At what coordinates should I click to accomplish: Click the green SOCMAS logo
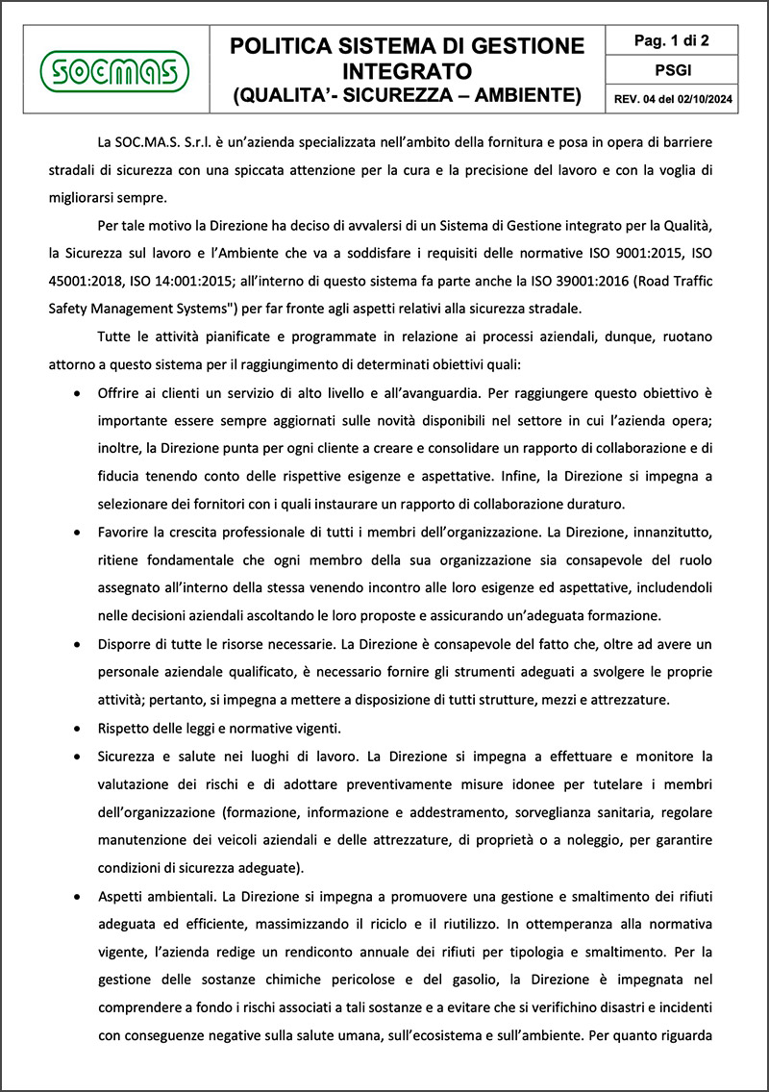[115, 69]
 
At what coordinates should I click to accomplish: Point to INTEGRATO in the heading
[408, 70]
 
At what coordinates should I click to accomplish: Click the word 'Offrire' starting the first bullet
[118, 394]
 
